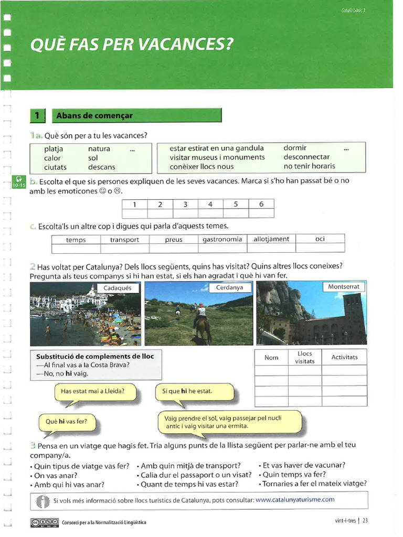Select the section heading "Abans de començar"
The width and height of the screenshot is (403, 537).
click(x=94, y=115)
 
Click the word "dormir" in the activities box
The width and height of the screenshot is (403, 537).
click(x=295, y=148)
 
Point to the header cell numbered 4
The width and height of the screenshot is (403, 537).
click(x=210, y=205)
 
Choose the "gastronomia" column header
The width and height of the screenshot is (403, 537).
click(x=222, y=239)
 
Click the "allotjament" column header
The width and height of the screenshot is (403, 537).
click(x=271, y=239)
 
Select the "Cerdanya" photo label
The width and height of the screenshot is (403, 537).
click(x=230, y=288)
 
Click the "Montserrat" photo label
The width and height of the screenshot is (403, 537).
click(x=344, y=287)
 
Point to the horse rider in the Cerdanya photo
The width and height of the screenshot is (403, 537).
click(x=201, y=320)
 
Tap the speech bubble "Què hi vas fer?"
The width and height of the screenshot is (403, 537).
click(x=67, y=422)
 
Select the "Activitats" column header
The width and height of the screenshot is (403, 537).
click(x=344, y=357)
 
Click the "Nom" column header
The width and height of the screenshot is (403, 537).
click(x=271, y=358)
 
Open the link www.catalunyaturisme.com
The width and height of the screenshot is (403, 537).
click(x=295, y=500)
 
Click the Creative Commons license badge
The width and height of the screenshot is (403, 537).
click(x=44, y=522)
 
